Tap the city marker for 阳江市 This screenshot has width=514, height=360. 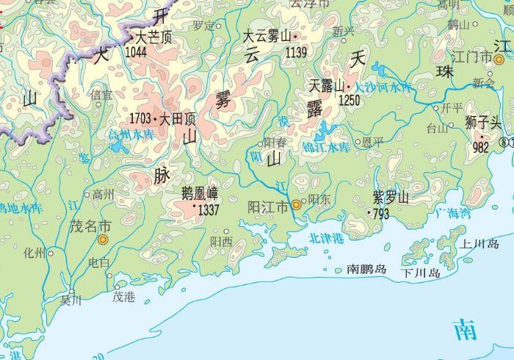tap(296, 205)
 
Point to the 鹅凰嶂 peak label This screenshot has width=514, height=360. tap(200, 194)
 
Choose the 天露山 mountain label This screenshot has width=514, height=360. tap(327, 86)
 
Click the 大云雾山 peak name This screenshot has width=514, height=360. tap(267, 35)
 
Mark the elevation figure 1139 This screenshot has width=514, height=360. tap(296, 52)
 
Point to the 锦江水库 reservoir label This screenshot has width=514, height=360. tap(326, 147)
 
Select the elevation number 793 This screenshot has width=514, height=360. tap(381, 215)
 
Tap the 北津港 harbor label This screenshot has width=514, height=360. tap(326, 239)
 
